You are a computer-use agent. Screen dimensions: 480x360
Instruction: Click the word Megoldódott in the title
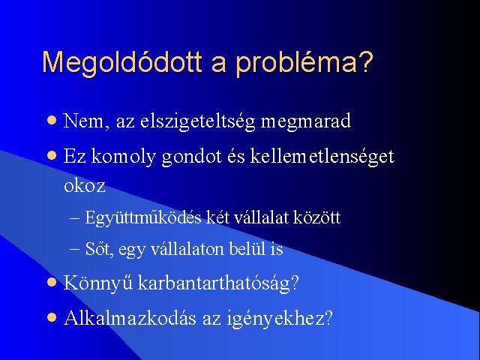[122, 62]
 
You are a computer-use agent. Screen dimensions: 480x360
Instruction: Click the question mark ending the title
[365, 61]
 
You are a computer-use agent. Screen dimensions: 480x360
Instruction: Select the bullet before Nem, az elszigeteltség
[52, 120]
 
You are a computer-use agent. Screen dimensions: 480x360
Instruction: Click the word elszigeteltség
[197, 121]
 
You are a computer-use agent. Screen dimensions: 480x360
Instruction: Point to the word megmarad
[305, 121]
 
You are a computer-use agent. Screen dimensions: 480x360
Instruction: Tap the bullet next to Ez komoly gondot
[52, 155]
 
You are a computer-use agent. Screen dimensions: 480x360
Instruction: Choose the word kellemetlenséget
[322, 157]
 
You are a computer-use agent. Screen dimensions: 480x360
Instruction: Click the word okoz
[85, 186]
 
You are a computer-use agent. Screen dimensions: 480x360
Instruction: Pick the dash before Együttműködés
[75, 218]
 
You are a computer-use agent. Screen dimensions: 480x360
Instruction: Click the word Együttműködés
[143, 218]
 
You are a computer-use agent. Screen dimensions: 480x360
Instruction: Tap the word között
[316, 217]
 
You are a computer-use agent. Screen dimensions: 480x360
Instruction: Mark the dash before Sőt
[75, 249]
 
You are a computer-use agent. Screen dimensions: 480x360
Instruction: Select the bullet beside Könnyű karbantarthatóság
[52, 282]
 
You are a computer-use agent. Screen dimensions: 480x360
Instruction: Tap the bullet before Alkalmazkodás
[52, 317]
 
